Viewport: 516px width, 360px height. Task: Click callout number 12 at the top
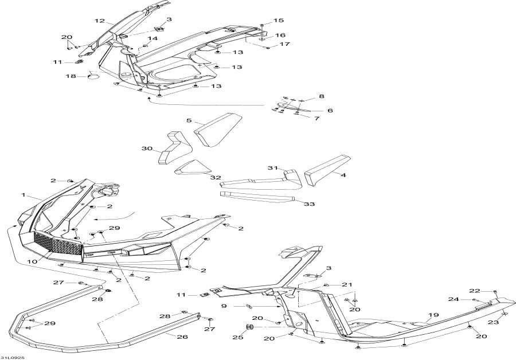pyautogui.click(x=100, y=21)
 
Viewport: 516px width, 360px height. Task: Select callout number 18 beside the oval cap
pyautogui.click(x=71, y=76)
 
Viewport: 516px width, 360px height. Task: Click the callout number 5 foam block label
pyautogui.click(x=189, y=121)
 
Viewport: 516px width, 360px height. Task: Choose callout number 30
pyautogui.click(x=148, y=149)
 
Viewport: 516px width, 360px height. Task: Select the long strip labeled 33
pyautogui.click(x=258, y=197)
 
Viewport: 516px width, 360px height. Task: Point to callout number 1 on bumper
pyautogui.click(x=25, y=195)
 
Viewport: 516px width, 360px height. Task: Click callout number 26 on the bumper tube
pyautogui.click(x=182, y=336)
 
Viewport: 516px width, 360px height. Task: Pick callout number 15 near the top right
pyautogui.click(x=279, y=20)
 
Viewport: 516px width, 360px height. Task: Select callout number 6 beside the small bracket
pyautogui.click(x=330, y=110)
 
